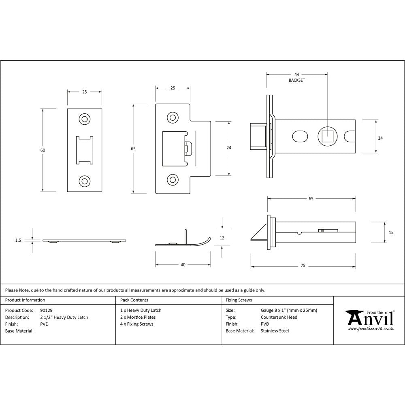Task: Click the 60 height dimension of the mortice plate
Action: point(43,150)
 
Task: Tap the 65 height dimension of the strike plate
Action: point(133,149)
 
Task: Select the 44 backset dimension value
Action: point(296,75)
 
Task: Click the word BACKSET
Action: point(296,81)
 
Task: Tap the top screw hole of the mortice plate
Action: point(85,119)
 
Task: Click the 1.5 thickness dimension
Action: point(18,240)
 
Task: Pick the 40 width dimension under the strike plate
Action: point(183,265)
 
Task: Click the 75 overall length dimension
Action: point(303,266)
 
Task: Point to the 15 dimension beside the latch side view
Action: point(391,232)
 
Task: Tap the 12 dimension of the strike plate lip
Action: point(222,238)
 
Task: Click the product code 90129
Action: point(47,310)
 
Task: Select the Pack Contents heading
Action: point(134,300)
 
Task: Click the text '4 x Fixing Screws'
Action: point(137,324)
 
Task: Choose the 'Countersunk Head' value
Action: point(279,317)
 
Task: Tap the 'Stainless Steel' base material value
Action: point(275,331)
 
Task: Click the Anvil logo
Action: point(369,320)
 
